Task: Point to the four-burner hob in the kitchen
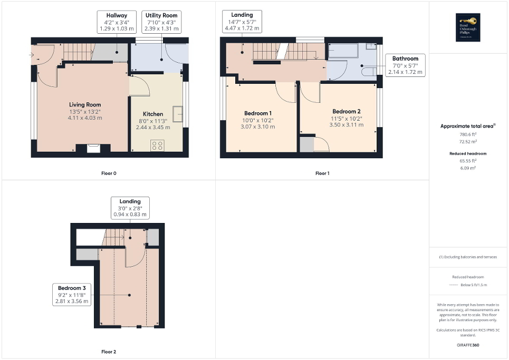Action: (157, 145)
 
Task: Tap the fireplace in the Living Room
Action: (93, 148)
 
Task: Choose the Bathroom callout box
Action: (405, 65)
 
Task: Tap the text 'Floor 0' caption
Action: (109, 173)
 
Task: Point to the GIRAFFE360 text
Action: (468, 345)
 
